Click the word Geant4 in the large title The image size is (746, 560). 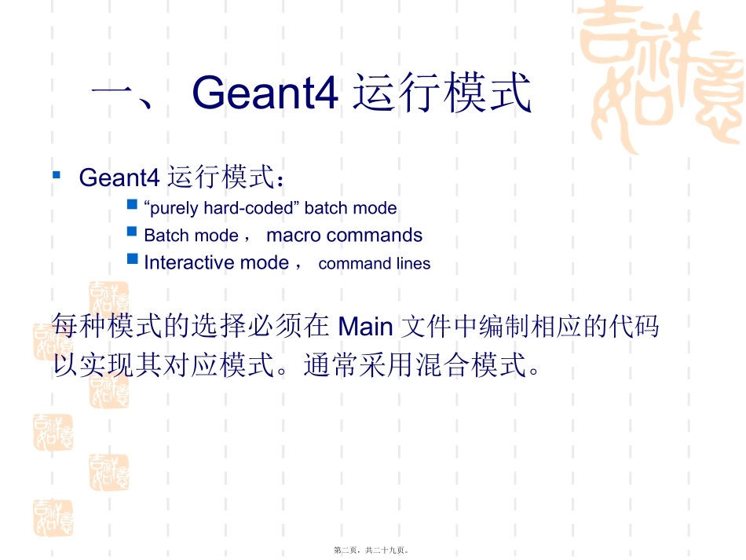265,93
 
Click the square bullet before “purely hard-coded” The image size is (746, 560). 132,205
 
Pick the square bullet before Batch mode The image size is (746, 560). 132,232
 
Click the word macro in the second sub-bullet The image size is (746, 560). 294,236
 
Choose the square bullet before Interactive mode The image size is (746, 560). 132,258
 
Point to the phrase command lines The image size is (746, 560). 374,264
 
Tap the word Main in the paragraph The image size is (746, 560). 364,324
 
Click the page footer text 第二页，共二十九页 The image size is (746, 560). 372,551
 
